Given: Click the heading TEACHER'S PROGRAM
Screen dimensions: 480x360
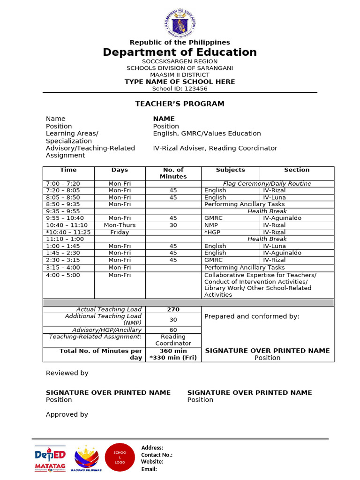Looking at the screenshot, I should (x=180, y=104).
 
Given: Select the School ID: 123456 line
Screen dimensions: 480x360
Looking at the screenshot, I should (x=180, y=88).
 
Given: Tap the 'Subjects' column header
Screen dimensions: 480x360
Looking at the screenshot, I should (x=230, y=170).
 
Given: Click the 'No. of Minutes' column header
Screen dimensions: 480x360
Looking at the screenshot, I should (x=173, y=173).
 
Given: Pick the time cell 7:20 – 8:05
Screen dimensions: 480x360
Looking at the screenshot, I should (x=63, y=190).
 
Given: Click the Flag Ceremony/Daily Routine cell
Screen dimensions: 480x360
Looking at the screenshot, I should (x=267, y=184).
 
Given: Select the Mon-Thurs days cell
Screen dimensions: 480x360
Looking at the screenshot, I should (x=120, y=225).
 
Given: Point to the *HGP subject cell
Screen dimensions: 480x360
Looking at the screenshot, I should (x=212, y=232).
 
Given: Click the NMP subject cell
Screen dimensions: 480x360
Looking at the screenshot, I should (x=211, y=225).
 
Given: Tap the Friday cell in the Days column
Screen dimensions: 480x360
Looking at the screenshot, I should (x=120, y=232).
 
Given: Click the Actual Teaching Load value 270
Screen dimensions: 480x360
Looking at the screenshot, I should (x=173, y=309).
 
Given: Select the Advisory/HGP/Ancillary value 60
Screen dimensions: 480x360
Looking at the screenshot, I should (x=173, y=330).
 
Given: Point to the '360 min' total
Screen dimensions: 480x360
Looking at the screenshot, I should (x=173, y=351).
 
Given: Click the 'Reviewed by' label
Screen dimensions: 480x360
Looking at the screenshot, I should (x=67, y=373).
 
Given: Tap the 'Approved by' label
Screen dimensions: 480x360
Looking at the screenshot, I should (x=67, y=414).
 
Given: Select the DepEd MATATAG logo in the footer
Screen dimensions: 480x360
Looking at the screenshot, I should (x=50, y=458).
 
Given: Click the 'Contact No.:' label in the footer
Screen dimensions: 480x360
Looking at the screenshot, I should (x=157, y=455).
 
